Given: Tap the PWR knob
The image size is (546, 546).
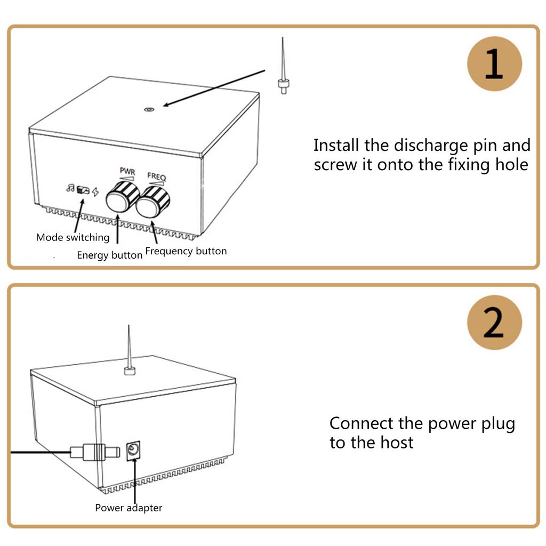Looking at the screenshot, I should pyautogui.click(x=122, y=197).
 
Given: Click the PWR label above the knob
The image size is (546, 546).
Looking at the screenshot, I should pyautogui.click(x=127, y=172).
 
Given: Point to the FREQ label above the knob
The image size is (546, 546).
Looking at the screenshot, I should pyautogui.click(x=157, y=175).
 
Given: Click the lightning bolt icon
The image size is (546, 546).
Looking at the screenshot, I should pyautogui.click(x=95, y=192).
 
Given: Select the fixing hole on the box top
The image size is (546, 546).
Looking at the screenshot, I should pyautogui.click(x=149, y=110).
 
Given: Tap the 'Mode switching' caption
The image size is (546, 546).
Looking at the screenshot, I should pyautogui.click(x=73, y=237).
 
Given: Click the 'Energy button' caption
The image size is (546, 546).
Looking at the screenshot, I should pyautogui.click(x=109, y=255).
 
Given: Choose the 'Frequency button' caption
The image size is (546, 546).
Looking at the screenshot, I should pyautogui.click(x=186, y=251).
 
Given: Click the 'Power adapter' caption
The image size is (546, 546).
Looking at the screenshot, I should pyautogui.click(x=129, y=508).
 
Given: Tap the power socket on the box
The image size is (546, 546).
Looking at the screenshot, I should pyautogui.click(x=133, y=451).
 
